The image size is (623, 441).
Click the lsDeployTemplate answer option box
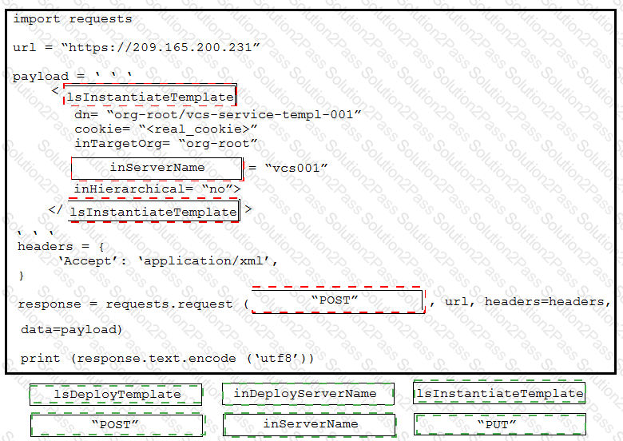click(116, 395)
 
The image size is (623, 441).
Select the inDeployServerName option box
click(308, 394)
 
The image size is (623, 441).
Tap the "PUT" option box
click(499, 424)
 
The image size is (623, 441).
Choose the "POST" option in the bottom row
click(117, 425)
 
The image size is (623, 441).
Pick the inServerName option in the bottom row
click(310, 424)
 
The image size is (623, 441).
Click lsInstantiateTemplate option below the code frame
click(499, 393)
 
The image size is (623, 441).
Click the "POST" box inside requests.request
click(338, 300)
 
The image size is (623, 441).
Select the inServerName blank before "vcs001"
click(157, 168)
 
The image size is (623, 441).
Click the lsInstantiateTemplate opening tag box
click(150, 95)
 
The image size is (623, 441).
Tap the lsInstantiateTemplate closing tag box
click(154, 211)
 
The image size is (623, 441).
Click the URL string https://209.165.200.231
click(161, 48)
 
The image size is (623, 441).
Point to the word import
click(37, 19)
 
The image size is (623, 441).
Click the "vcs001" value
click(296, 168)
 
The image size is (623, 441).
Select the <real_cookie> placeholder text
click(198, 129)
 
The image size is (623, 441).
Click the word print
click(41, 359)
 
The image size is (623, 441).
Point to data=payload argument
click(71, 330)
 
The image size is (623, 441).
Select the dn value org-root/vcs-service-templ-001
click(234, 115)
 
